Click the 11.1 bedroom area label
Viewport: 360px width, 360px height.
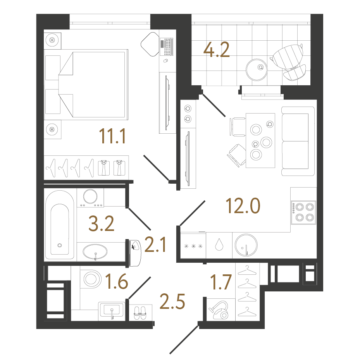coord(112,136)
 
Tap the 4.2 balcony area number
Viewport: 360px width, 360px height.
coord(216,50)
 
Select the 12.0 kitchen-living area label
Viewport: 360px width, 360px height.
coord(243,206)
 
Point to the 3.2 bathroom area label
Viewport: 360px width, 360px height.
coord(101,224)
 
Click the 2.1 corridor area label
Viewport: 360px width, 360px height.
coord(155,245)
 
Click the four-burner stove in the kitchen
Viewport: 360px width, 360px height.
coord(303,212)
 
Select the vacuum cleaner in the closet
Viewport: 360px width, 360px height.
coord(219,310)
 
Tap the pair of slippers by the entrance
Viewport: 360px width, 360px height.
coord(140,313)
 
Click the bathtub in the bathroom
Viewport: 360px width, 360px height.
coord(60,225)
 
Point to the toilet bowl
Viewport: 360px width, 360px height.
coord(92,279)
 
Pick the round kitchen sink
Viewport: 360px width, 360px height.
coord(246,245)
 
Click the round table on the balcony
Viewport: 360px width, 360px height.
coord(257,70)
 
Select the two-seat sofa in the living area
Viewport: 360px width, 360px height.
coord(298,141)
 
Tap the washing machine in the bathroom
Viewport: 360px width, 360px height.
coord(90,198)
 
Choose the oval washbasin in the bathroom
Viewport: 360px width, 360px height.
coord(95,251)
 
